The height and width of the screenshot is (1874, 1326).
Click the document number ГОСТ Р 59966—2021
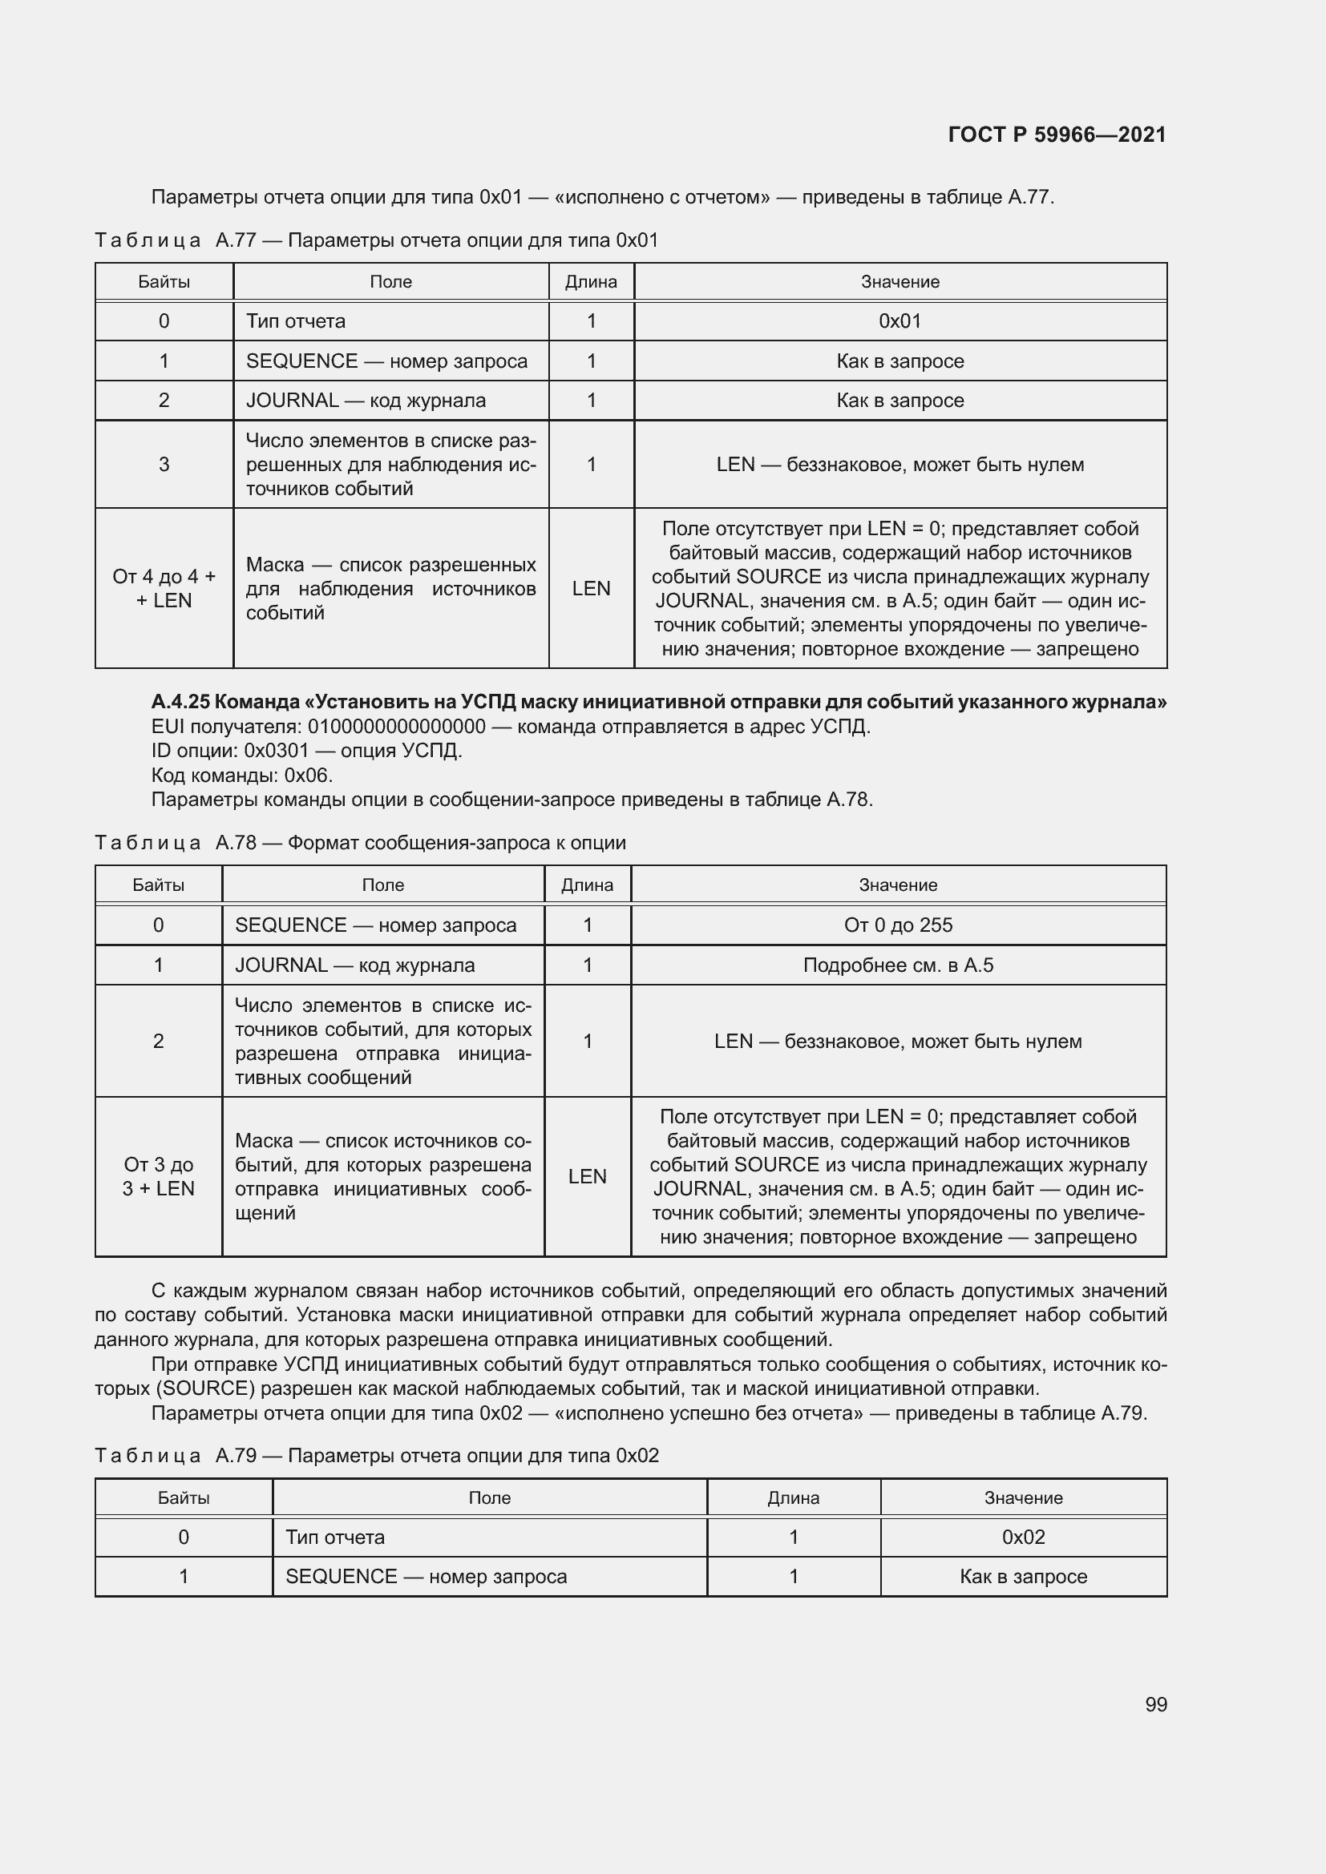pyautogui.click(x=1057, y=135)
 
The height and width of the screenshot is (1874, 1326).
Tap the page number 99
pyautogui.click(x=1155, y=1704)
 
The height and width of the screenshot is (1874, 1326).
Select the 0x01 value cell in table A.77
pyautogui.click(x=899, y=320)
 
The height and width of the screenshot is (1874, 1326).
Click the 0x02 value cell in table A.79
pyautogui.click(x=1023, y=1537)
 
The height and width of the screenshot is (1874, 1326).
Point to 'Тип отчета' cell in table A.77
pyautogui.click(x=296, y=320)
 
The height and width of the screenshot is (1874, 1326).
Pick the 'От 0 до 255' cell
pyautogui.click(x=898, y=925)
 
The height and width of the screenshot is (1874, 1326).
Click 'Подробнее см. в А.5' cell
pyautogui.click(x=898, y=965)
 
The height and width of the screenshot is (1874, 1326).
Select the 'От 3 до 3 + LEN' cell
pyautogui.click(x=159, y=1176)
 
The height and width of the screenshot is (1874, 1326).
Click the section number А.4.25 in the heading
pyautogui.click(x=180, y=702)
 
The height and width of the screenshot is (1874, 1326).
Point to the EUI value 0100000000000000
pyautogui.click(x=396, y=727)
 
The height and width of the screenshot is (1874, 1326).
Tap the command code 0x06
pyautogui.click(x=308, y=775)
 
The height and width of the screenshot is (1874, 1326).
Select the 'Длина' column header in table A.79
pyautogui.click(x=793, y=1497)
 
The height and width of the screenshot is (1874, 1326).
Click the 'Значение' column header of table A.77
pyautogui.click(x=899, y=281)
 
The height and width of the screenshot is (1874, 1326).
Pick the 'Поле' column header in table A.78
pyautogui.click(x=382, y=885)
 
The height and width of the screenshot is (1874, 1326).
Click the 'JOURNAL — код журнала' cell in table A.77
pyautogui.click(x=366, y=400)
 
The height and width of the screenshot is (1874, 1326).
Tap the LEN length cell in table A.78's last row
pyautogui.click(x=587, y=1176)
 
